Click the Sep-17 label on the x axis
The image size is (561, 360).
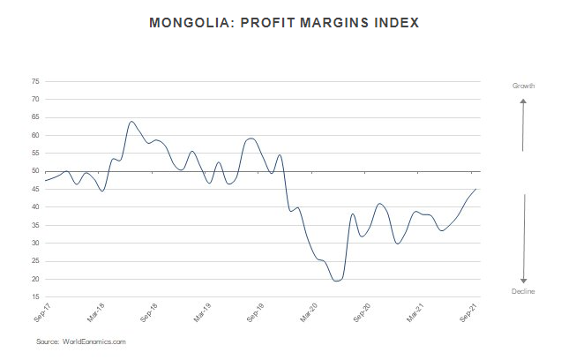pyautogui.click(x=40, y=313)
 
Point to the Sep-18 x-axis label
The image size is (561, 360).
pyautogui.click(x=148, y=313)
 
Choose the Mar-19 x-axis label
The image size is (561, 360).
pyautogui.click(x=202, y=313)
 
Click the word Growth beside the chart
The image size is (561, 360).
pyautogui.click(x=524, y=86)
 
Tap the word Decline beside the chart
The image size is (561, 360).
pyautogui.click(x=524, y=291)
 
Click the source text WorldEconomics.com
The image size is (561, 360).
pyautogui.click(x=94, y=341)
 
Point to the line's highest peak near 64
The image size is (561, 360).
pyautogui.click(x=131, y=121)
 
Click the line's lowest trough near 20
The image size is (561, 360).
pyautogui.click(x=336, y=281)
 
